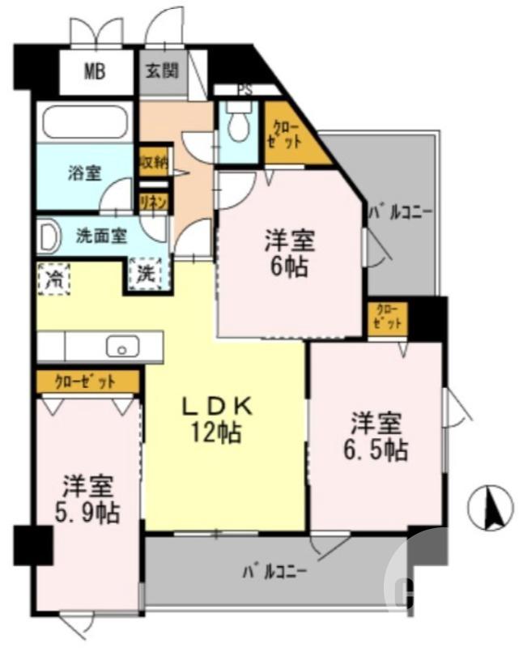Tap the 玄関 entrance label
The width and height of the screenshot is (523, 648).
tap(162, 70)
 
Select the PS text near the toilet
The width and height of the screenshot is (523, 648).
tap(244, 90)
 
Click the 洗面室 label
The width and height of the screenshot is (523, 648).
tap(100, 237)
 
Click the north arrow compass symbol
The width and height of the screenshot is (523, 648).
tap(491, 506)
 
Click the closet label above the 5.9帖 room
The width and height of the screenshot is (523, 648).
tap(87, 381)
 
